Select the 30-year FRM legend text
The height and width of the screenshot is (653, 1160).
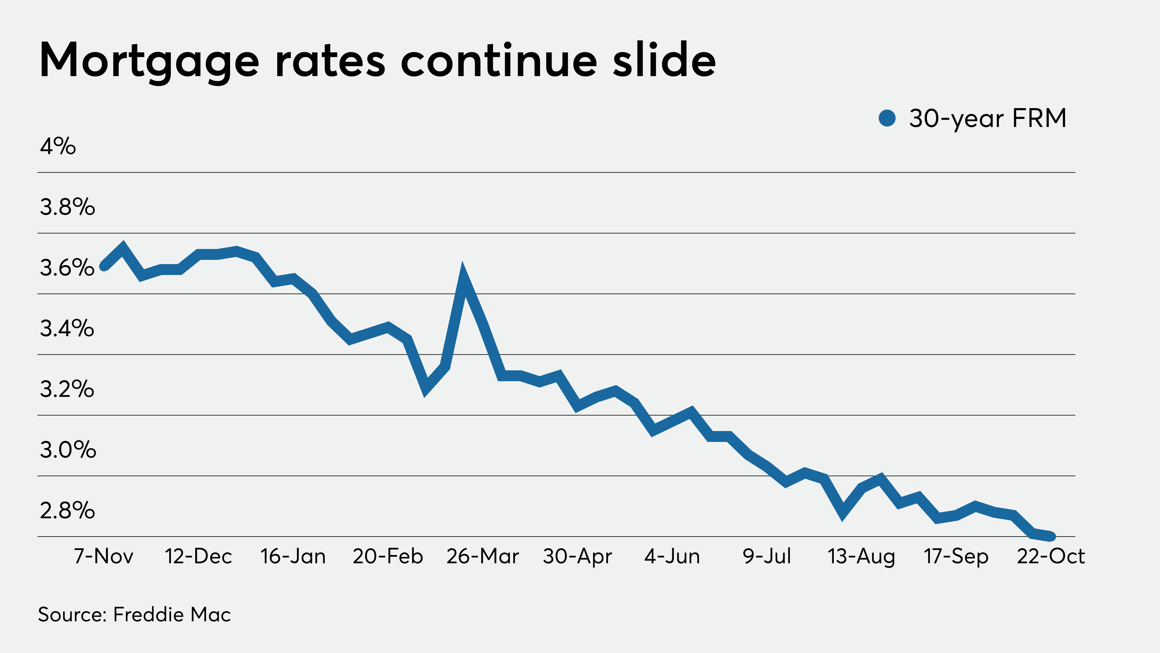point(987,119)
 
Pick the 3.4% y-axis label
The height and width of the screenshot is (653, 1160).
point(67,328)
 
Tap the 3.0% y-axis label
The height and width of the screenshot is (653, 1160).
point(68,450)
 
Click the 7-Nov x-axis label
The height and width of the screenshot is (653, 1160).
point(104,556)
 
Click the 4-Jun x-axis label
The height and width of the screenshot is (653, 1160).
point(672,556)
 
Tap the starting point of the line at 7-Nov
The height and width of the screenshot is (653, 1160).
point(104,266)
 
